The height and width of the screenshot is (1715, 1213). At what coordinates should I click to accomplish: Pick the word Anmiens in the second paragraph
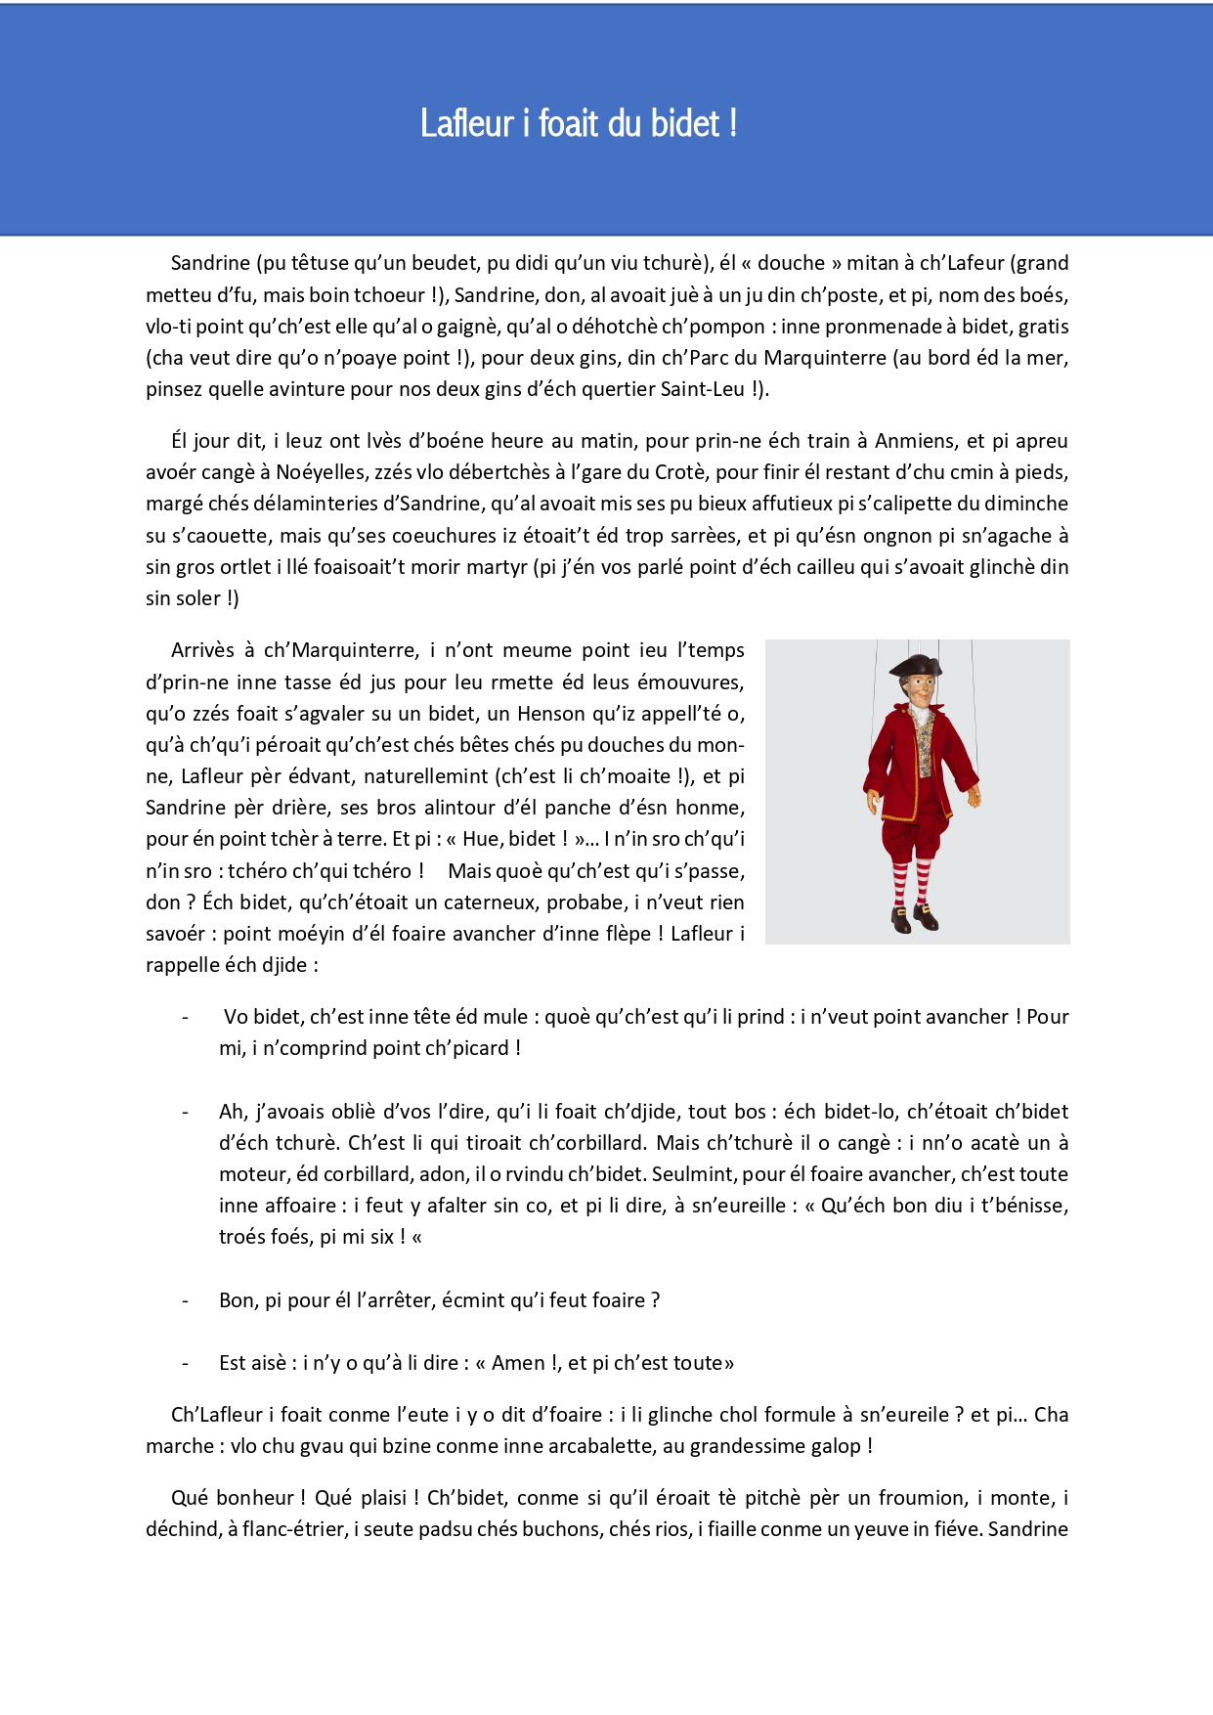(915, 441)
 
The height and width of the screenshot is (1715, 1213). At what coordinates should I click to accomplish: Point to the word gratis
(1043, 327)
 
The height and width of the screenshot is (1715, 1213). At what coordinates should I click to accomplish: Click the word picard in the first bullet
(478, 1048)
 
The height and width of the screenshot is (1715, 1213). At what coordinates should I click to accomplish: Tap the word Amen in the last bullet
(518, 1363)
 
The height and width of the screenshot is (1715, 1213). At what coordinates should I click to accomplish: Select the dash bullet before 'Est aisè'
(185, 1363)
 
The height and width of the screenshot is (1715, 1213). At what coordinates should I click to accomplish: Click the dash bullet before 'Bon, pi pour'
(185, 1300)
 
